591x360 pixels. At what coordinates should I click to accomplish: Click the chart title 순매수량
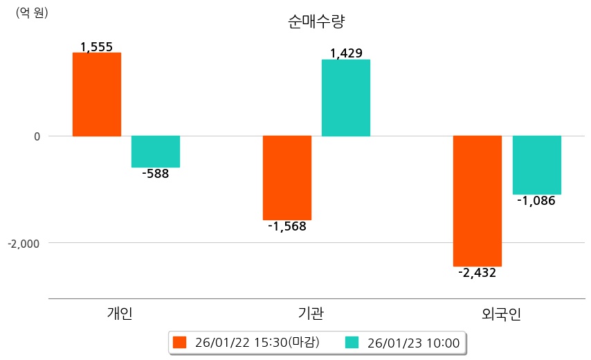[x=316, y=21]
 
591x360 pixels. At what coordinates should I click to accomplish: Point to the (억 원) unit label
[x=32, y=12]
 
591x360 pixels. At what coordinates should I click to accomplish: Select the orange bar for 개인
[x=96, y=94]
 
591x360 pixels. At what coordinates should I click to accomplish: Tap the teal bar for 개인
[x=155, y=152]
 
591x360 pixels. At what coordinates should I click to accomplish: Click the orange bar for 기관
[x=287, y=178]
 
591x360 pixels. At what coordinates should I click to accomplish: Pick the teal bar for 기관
[x=345, y=98]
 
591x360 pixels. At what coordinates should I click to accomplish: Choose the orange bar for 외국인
[x=477, y=201]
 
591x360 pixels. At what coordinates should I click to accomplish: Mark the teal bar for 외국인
[x=536, y=165]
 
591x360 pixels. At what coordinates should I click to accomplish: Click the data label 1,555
[x=96, y=47]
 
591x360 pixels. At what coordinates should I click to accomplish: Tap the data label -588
[x=155, y=174]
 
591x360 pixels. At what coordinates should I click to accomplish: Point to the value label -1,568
[x=287, y=226]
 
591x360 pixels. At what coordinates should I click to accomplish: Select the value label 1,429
[x=346, y=53]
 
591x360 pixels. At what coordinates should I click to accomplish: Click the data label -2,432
[x=477, y=273]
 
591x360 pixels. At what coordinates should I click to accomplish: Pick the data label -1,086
[x=536, y=201]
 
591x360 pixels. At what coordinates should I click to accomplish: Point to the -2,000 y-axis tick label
[x=24, y=244]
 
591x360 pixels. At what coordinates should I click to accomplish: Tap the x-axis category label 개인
[x=119, y=314]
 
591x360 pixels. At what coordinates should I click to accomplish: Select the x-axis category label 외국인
[x=500, y=314]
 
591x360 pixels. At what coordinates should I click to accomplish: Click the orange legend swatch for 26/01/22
[x=180, y=343]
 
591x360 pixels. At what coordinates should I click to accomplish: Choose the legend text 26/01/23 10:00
[x=414, y=343]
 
